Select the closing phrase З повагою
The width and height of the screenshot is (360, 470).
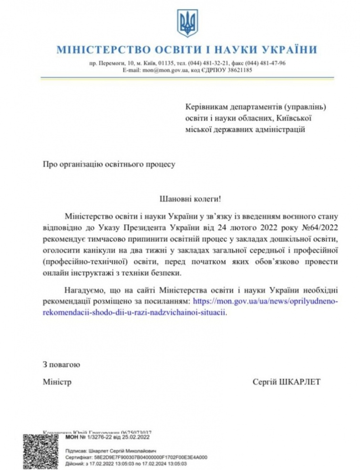pos(58,365)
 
